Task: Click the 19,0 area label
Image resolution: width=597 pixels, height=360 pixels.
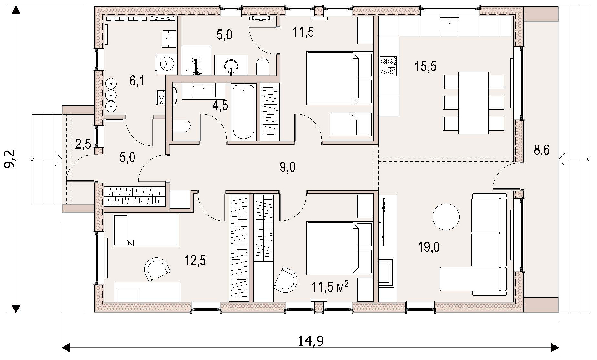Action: click(429, 247)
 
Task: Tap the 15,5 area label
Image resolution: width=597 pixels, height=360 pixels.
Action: click(425, 66)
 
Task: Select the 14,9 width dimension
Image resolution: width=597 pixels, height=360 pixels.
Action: click(311, 341)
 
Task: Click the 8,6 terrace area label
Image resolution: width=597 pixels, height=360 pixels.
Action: click(542, 150)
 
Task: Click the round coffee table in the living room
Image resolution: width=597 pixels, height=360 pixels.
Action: click(446, 216)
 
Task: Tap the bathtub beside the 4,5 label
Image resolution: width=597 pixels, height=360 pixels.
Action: click(243, 112)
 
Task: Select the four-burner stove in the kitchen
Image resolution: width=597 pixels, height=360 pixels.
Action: click(389, 66)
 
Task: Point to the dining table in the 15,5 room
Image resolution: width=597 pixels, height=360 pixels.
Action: click(473, 103)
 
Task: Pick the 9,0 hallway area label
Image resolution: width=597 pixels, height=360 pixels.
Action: click(288, 167)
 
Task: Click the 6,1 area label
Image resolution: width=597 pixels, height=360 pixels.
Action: click(137, 81)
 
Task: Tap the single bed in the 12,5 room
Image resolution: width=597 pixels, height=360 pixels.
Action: click(146, 230)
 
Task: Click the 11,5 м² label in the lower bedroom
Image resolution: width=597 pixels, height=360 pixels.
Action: click(330, 286)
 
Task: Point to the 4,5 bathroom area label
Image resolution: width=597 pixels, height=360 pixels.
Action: click(220, 105)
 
